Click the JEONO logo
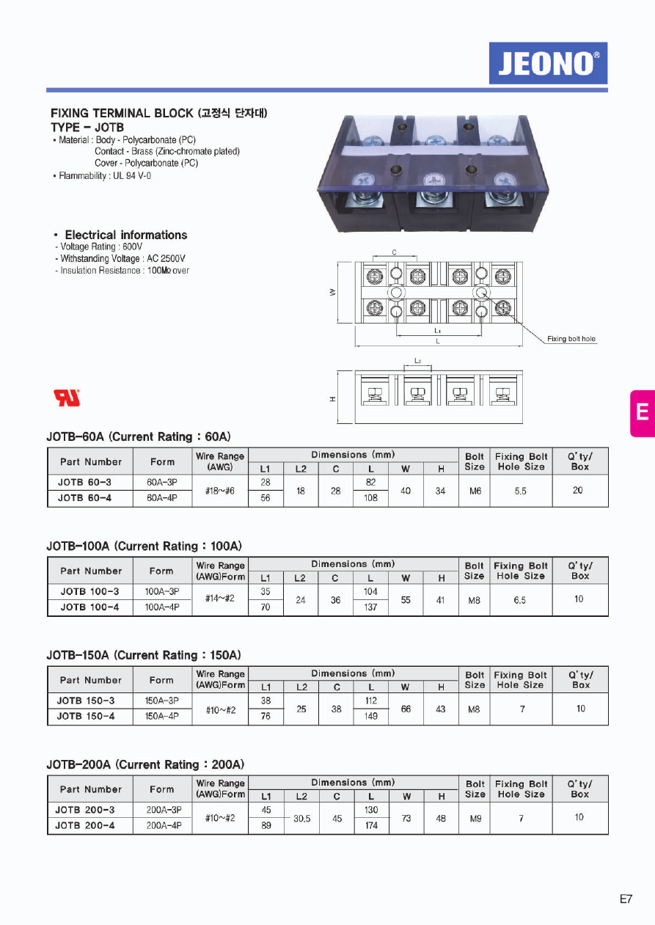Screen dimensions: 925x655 (548, 63)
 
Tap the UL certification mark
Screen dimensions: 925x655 (67, 398)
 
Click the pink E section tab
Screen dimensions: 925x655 (642, 413)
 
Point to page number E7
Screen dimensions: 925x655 (625, 899)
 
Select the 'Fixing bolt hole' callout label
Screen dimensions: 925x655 (571, 339)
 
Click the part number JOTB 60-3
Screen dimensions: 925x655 (84, 483)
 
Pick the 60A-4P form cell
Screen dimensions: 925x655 (162, 498)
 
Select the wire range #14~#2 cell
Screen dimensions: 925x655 (220, 599)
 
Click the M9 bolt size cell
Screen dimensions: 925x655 (475, 818)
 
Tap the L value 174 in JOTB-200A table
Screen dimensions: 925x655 (371, 826)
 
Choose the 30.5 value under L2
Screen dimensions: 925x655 (301, 819)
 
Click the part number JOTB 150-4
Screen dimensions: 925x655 (86, 716)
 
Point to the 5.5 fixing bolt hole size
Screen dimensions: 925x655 (520, 491)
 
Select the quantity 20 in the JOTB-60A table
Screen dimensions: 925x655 (578, 490)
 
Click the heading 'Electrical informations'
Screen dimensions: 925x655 (125, 235)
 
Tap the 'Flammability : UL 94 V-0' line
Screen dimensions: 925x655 (105, 176)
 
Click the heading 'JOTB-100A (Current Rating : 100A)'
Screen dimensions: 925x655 (144, 546)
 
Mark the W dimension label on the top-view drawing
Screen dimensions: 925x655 (332, 293)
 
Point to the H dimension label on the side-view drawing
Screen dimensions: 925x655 (332, 399)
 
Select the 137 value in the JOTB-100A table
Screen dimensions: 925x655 (370, 607)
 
